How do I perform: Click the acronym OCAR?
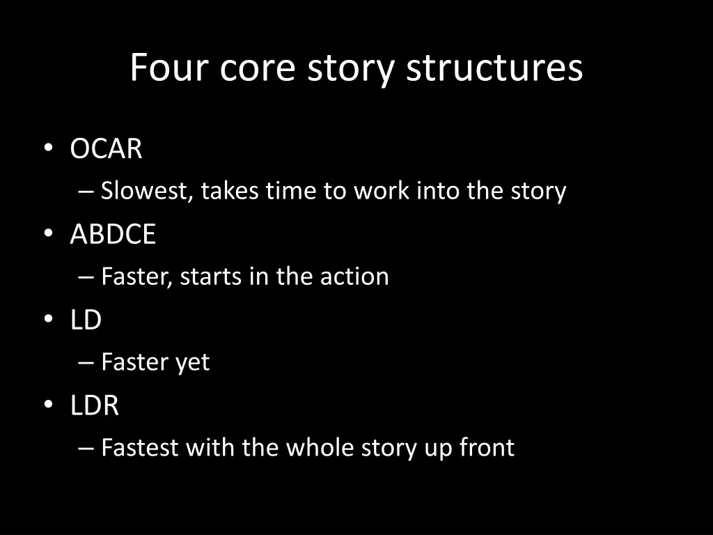click(x=106, y=149)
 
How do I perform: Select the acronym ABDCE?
click(x=113, y=235)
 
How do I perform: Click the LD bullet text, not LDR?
click(x=86, y=320)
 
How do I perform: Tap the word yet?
click(x=192, y=362)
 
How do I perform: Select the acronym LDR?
click(x=95, y=405)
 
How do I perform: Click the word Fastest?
click(x=140, y=447)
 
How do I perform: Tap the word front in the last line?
click(x=487, y=447)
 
